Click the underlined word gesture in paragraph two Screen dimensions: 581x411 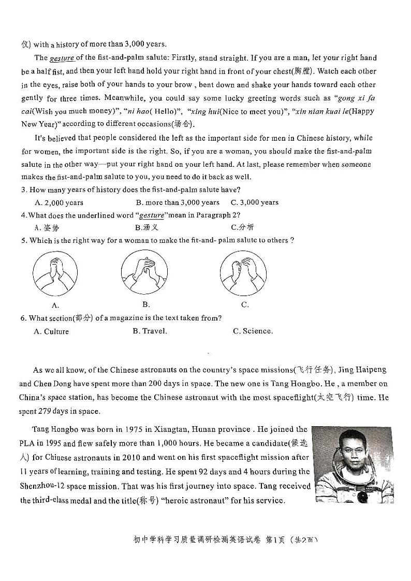(x=62, y=58)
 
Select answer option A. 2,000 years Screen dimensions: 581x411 (x=58, y=202)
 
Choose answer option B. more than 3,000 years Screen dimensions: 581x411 (x=178, y=202)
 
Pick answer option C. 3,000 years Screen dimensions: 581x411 (x=255, y=202)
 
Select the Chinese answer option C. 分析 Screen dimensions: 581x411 (x=242, y=227)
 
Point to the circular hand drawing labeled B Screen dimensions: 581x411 (x=144, y=272)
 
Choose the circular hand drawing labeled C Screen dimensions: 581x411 (x=243, y=272)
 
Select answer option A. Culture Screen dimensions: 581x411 (x=51, y=331)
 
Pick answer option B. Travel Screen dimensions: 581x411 (x=150, y=331)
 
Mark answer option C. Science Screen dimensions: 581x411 (x=253, y=331)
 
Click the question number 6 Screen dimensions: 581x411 (x=23, y=318)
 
